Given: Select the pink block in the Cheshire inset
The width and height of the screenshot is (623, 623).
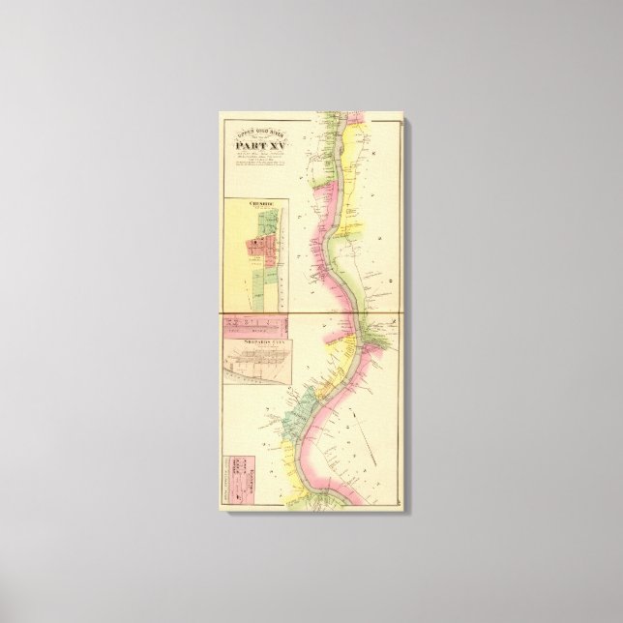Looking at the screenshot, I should [256, 250].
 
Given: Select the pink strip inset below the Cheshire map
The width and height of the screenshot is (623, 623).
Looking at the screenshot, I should [255, 327].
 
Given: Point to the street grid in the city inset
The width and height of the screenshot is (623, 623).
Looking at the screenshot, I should [257, 366].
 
